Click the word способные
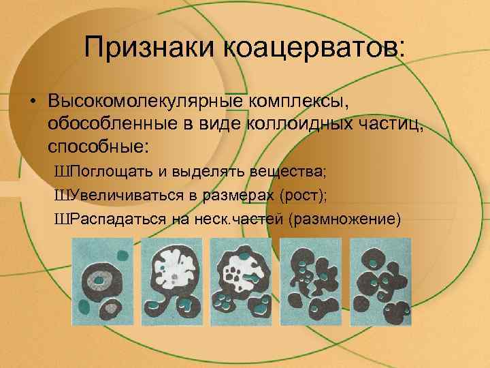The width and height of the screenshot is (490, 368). [99, 146]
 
